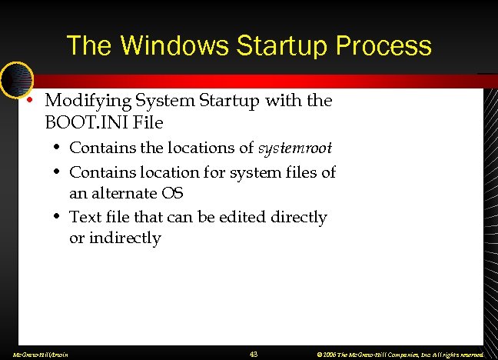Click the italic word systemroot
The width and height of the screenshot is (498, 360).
(295, 147)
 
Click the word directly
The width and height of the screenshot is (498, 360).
(298, 218)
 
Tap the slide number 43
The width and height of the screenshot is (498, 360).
(254, 354)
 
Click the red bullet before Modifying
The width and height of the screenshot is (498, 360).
(29, 101)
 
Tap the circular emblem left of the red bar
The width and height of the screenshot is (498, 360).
(15, 78)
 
